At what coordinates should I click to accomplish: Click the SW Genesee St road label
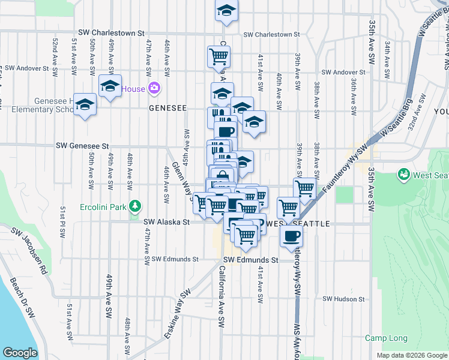tap(83, 146)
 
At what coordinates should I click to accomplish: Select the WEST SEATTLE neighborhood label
tap(301, 224)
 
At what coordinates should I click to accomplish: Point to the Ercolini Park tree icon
tap(136, 208)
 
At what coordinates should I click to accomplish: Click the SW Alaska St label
tap(167, 221)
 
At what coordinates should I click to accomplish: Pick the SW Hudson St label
tap(343, 299)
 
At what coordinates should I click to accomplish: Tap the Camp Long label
tap(386, 338)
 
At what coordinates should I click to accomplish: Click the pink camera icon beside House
tap(154, 89)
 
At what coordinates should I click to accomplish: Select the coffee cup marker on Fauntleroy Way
tap(292, 236)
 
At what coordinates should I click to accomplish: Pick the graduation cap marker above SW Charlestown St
tap(226, 11)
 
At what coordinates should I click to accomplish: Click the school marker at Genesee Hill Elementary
tap(85, 106)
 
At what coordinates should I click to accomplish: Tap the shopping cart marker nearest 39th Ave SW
tap(305, 188)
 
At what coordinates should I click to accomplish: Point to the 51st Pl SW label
tap(62, 221)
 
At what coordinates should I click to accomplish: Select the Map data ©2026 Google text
tap(411, 355)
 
